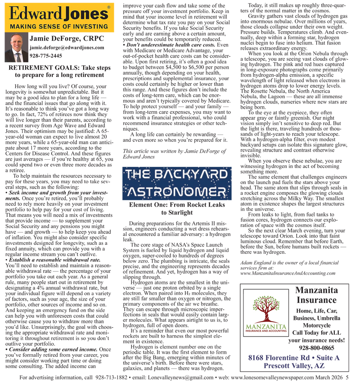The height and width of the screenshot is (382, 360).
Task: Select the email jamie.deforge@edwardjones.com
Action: pos(67,47)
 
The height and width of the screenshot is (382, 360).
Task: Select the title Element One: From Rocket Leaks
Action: pos(177,205)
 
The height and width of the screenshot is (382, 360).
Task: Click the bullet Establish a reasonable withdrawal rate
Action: pos(54,260)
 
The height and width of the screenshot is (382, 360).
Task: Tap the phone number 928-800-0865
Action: pos(316,348)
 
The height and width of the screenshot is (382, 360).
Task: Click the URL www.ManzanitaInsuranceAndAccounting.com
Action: pos(293,273)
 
